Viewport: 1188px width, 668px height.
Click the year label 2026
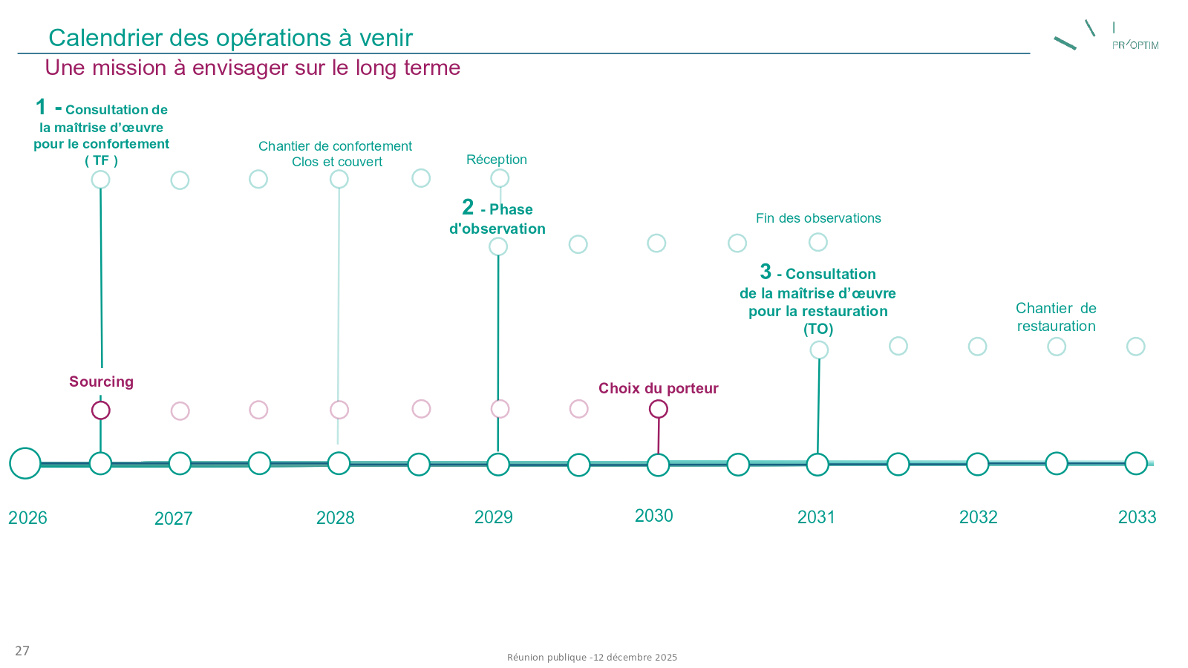pos(27,518)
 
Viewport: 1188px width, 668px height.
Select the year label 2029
pos(494,517)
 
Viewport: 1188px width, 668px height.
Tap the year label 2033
pos(1137,517)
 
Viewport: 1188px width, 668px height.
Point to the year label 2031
pos(816,517)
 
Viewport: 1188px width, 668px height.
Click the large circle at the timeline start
pos(25,463)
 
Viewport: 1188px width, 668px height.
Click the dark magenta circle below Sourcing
pos(101,410)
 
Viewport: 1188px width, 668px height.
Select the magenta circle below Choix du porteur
pos(659,409)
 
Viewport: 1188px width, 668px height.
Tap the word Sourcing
pos(101,382)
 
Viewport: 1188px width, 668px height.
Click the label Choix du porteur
pos(659,388)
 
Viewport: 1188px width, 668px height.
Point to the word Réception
pos(497,160)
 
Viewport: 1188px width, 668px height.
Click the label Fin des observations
pos(818,218)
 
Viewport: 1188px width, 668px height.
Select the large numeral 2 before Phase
pos(468,207)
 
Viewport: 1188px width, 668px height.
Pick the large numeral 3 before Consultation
pos(766,272)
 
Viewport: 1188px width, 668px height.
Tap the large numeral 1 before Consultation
pos(41,108)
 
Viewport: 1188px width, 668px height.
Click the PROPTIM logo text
pos(1135,45)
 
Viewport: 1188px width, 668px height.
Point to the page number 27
pos(22,651)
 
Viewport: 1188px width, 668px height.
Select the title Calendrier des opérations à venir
pos(230,38)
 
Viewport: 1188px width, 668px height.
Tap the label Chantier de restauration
pos(1056,317)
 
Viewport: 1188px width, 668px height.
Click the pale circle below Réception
pos(500,178)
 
